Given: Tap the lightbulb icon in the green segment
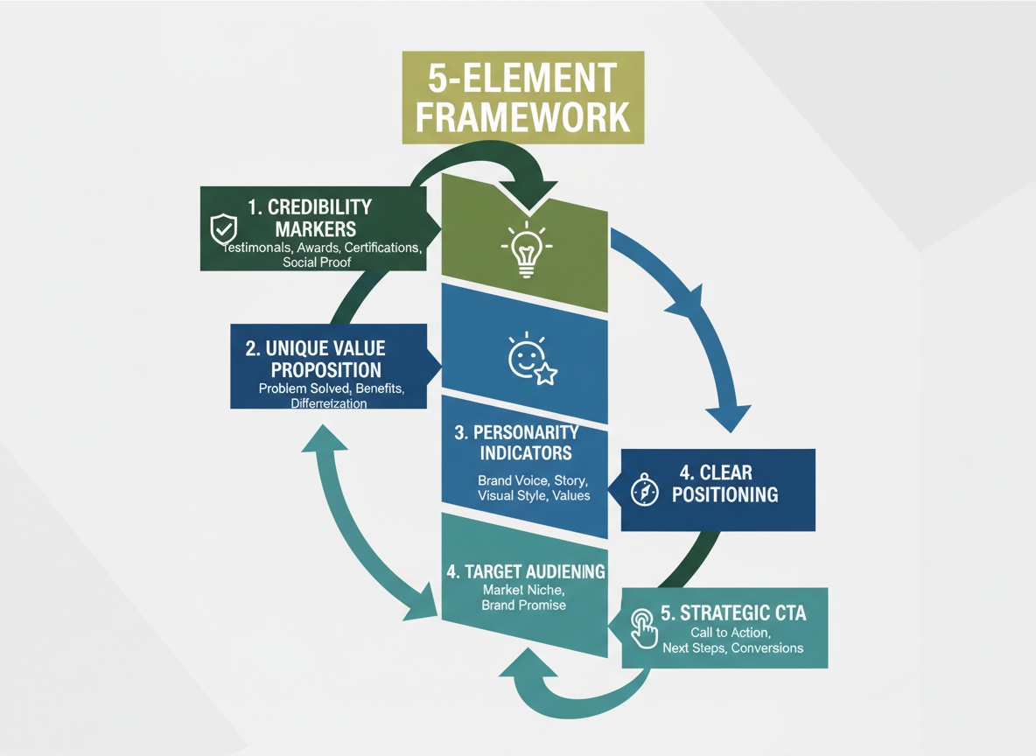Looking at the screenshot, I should (x=525, y=248).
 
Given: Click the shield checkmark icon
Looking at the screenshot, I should (x=224, y=229).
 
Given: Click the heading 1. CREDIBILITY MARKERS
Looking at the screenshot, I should (x=310, y=218).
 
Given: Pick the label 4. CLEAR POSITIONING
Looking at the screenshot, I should (x=727, y=484).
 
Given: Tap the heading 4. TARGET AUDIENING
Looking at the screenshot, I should (x=525, y=571).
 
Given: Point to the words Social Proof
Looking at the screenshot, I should (x=316, y=262).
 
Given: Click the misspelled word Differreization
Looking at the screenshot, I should (x=328, y=403).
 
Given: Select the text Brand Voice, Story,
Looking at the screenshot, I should (x=533, y=480).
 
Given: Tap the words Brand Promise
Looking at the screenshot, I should (x=523, y=605).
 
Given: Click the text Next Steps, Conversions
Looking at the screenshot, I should (x=732, y=648).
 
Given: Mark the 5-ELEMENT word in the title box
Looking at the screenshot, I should (x=522, y=78).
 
